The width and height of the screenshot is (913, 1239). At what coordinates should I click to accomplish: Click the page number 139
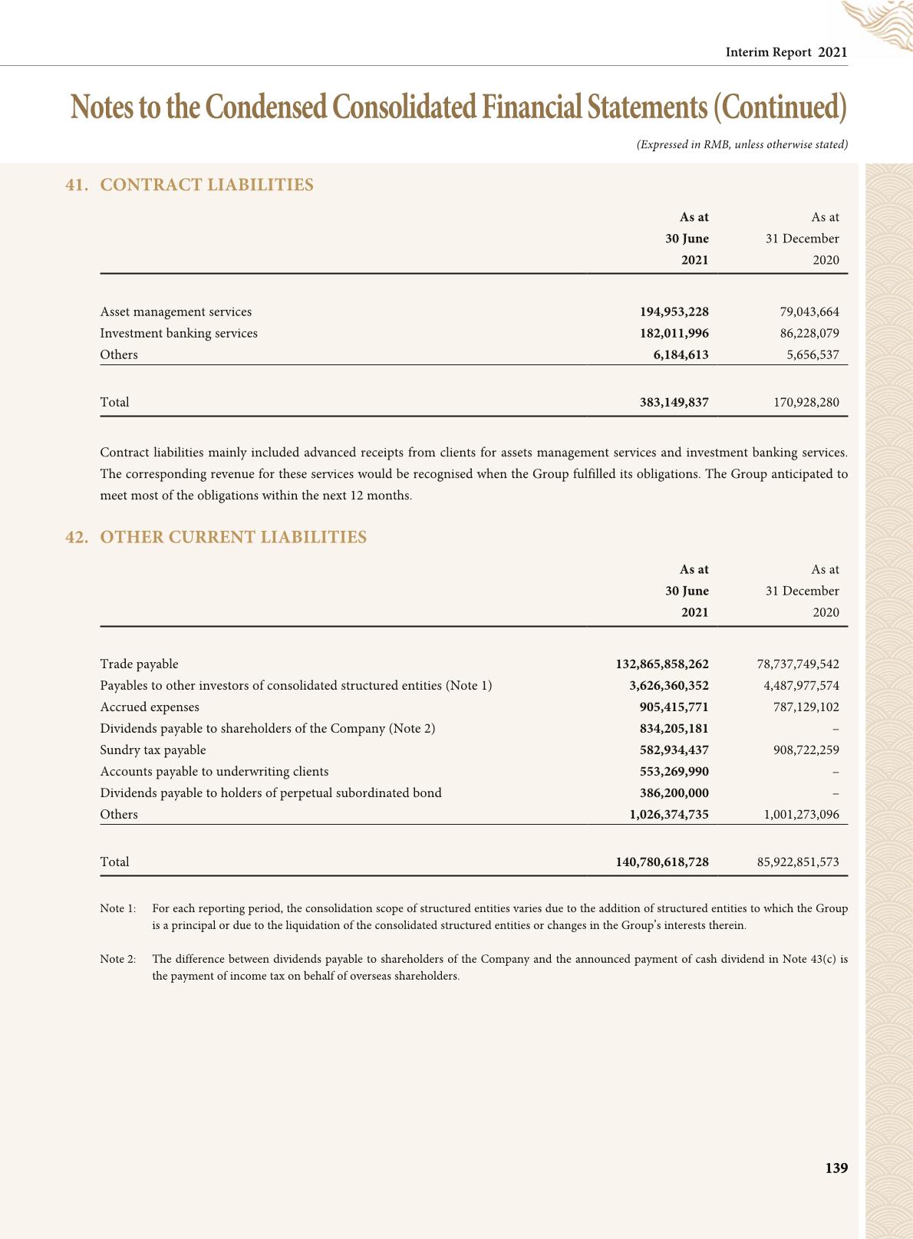pyautogui.click(x=836, y=1168)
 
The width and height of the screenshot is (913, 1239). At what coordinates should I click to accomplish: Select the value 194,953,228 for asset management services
pyautogui.click(x=674, y=312)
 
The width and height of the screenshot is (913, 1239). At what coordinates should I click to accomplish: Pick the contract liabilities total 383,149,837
pyautogui.click(x=674, y=403)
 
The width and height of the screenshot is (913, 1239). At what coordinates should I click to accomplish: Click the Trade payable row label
pyautogui.click(x=139, y=664)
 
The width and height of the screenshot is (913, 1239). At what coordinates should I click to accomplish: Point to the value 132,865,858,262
pyautogui.click(x=662, y=664)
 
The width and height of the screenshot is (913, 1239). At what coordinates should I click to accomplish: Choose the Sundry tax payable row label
pyautogui.click(x=153, y=750)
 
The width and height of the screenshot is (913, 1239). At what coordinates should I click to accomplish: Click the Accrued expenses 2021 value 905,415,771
pyautogui.click(x=674, y=707)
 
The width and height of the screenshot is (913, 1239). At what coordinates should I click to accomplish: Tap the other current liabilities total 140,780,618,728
pyautogui.click(x=662, y=862)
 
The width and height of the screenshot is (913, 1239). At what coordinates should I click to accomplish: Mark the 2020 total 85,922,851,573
pyautogui.click(x=798, y=862)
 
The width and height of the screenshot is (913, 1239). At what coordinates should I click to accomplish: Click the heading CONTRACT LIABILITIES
pyautogui.click(x=206, y=185)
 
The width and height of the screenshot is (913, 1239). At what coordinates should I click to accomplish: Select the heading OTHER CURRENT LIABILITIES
pyautogui.click(x=233, y=537)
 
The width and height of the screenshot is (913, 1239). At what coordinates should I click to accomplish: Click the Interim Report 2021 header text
pyautogui.click(x=786, y=52)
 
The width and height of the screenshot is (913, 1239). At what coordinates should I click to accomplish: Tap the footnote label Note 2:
pyautogui.click(x=118, y=959)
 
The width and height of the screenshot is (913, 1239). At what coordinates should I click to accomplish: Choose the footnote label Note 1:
pyautogui.click(x=118, y=908)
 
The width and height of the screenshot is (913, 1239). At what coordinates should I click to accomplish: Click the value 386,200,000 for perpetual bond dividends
pyautogui.click(x=674, y=793)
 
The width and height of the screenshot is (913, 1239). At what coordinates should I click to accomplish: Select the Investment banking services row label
pyautogui.click(x=179, y=334)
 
